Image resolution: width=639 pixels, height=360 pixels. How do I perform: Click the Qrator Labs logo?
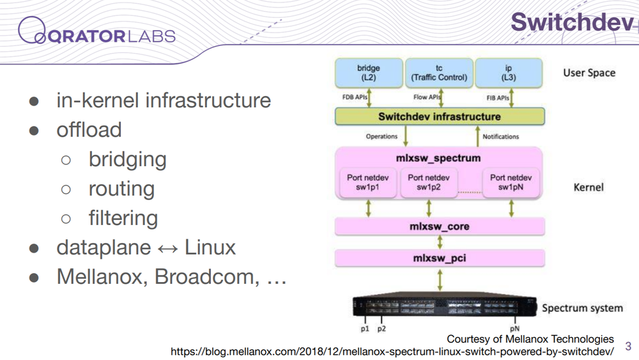pyautogui.click(x=96, y=31)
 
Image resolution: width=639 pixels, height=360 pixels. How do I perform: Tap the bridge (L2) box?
pyautogui.click(x=369, y=73)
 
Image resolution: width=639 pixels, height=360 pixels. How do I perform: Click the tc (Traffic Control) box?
pyautogui.click(x=439, y=73)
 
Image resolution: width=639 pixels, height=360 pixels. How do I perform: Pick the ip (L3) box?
pyautogui.click(x=509, y=73)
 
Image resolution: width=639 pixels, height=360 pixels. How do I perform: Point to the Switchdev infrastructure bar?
pyautogui.click(x=440, y=116)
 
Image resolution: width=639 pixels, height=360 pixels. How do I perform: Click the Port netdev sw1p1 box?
pyautogui.click(x=367, y=182)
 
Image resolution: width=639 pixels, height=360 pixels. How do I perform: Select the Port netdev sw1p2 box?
pyautogui.click(x=429, y=182)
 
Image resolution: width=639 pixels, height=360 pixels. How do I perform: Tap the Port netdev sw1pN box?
pyautogui.click(x=511, y=182)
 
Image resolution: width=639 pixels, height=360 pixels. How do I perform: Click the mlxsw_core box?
pyautogui.click(x=440, y=226)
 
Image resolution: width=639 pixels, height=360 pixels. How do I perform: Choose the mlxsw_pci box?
pyautogui.click(x=440, y=258)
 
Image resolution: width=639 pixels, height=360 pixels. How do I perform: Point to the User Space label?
pyautogui.click(x=589, y=73)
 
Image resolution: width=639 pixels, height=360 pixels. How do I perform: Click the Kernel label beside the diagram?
pyautogui.click(x=589, y=187)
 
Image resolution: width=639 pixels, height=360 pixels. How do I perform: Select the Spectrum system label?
pyautogui.click(x=582, y=308)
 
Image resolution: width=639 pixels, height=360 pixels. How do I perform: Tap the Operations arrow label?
pyautogui.click(x=381, y=136)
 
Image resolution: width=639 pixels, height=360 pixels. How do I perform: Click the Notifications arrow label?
pyautogui.click(x=501, y=136)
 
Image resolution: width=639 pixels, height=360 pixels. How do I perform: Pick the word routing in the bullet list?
pyautogui.click(x=122, y=189)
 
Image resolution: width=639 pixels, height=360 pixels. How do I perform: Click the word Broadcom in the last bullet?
pyautogui.click(x=207, y=278)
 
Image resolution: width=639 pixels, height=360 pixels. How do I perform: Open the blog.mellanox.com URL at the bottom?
pyautogui.click(x=392, y=352)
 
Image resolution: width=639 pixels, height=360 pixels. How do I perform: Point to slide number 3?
pyautogui.click(x=628, y=346)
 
